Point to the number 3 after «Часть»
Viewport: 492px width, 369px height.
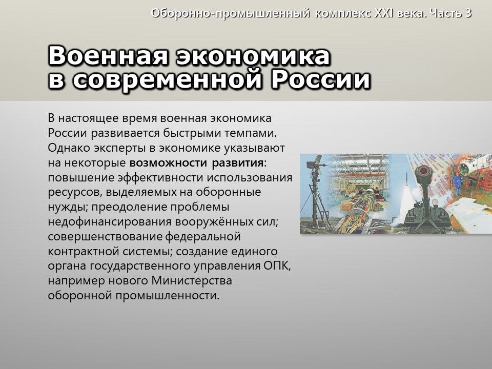(468, 13)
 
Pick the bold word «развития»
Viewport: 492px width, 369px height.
(237, 163)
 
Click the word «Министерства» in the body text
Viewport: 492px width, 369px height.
(192, 280)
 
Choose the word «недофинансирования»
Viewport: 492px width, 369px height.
(110, 222)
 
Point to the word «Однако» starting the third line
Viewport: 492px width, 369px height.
(68, 148)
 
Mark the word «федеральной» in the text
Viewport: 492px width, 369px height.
(202, 237)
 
